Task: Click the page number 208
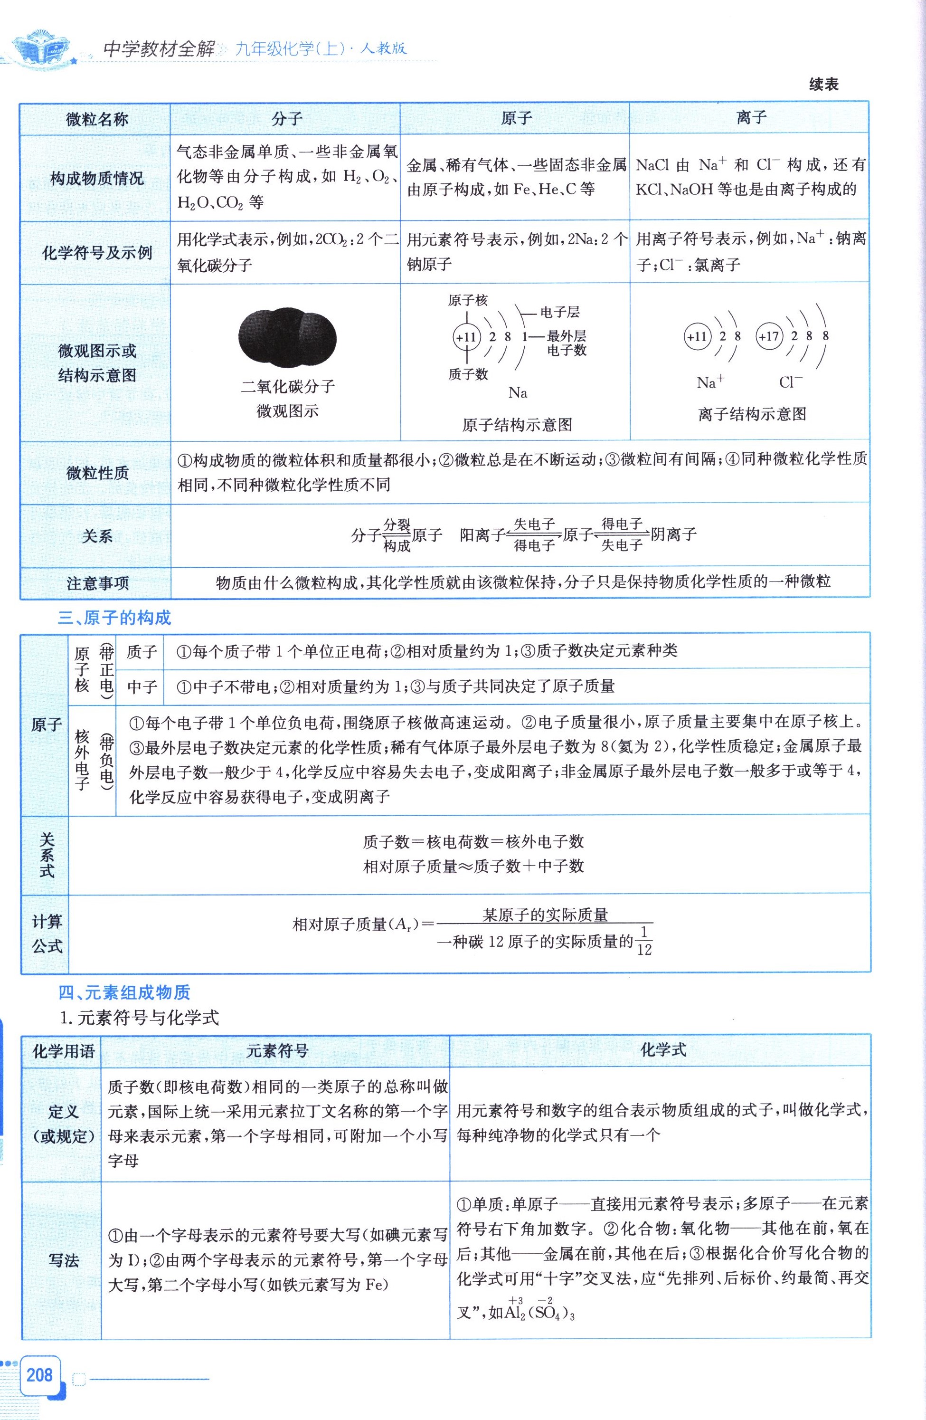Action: click(x=39, y=1375)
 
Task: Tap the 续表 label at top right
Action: click(x=823, y=85)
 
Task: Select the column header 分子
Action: click(x=286, y=119)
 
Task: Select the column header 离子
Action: click(x=750, y=117)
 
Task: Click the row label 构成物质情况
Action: click(x=96, y=178)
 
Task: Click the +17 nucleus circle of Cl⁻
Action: click(x=769, y=336)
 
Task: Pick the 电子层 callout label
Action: click(x=559, y=312)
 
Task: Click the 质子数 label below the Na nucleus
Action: click(x=468, y=374)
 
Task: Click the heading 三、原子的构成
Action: click(x=114, y=618)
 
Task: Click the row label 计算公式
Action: click(x=47, y=934)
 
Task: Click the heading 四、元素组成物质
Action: click(x=124, y=992)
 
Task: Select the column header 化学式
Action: click(x=663, y=1049)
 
